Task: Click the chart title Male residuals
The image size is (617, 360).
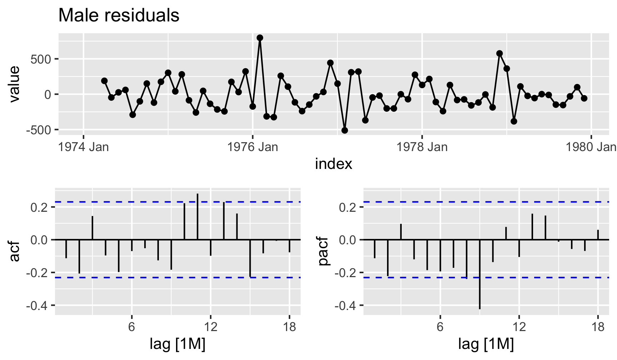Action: pyautogui.click(x=119, y=15)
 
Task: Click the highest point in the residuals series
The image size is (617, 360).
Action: pyautogui.click(x=260, y=38)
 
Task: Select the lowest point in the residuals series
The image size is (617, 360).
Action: pyautogui.click(x=345, y=130)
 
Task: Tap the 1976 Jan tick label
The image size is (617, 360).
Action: pyautogui.click(x=252, y=147)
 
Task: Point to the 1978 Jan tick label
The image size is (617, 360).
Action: pyautogui.click(x=422, y=147)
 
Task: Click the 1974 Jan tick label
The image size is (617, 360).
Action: pyautogui.click(x=84, y=147)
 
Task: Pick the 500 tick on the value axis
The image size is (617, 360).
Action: pyautogui.click(x=41, y=59)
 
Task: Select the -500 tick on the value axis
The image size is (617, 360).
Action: pyautogui.click(x=39, y=130)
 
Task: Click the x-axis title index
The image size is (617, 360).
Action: pyautogui.click(x=333, y=164)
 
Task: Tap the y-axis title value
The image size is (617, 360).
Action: pyautogui.click(x=14, y=84)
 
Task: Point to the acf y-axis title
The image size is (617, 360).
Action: pyautogui.click(x=14, y=251)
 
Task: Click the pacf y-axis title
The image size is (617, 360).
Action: pyautogui.click(x=323, y=251)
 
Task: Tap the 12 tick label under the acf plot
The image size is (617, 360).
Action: pyautogui.click(x=211, y=327)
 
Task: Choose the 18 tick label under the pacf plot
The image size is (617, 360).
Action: pyautogui.click(x=598, y=327)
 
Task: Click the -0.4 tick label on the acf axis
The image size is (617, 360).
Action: pyautogui.click(x=37, y=306)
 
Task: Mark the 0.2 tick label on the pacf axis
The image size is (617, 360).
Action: pyautogui.click(x=347, y=207)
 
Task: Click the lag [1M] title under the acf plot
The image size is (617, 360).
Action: pyautogui.click(x=177, y=344)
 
